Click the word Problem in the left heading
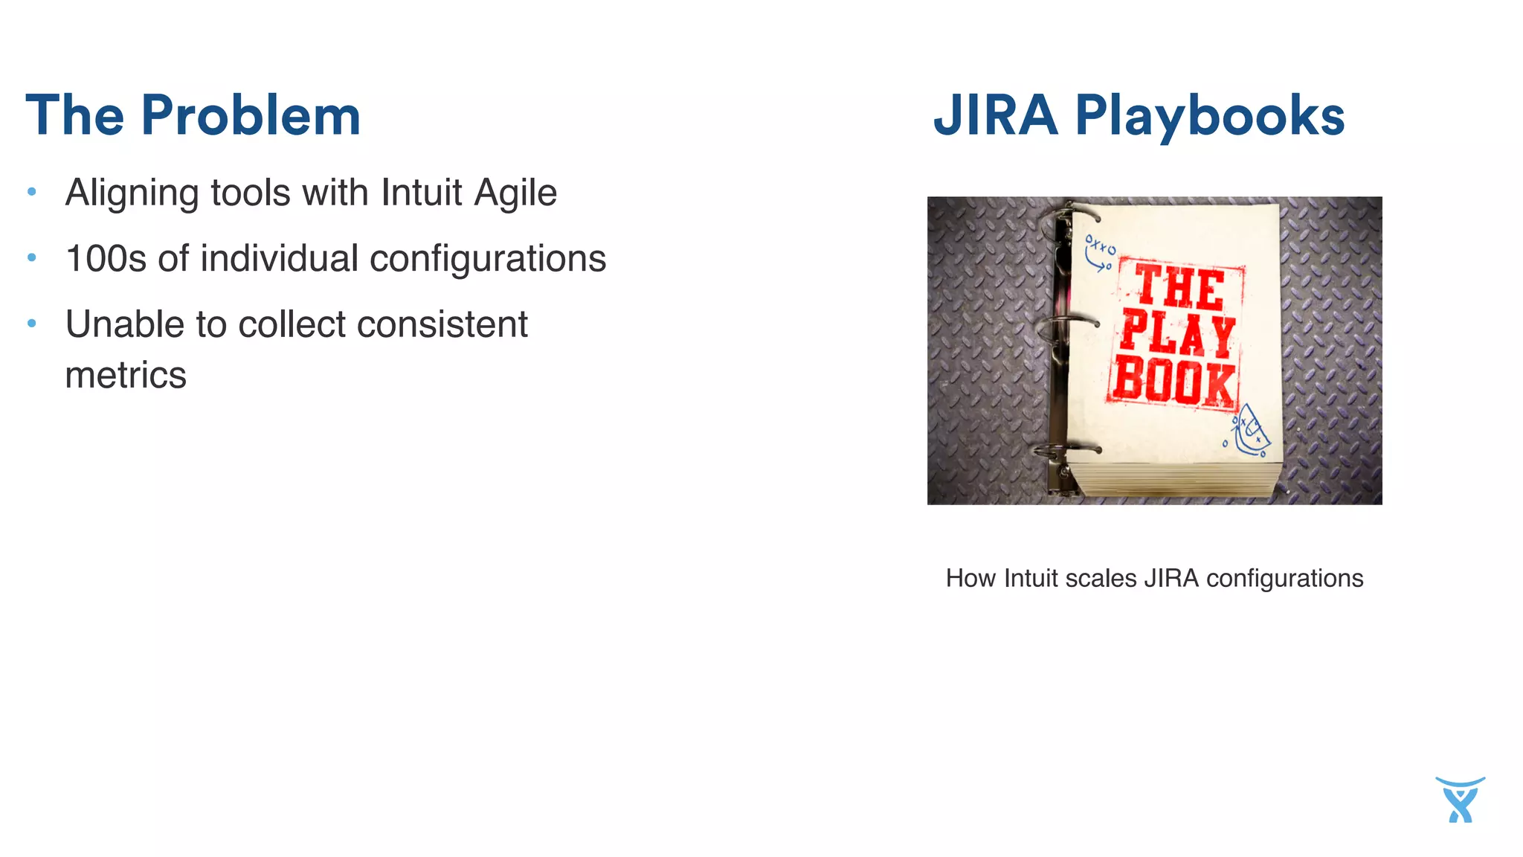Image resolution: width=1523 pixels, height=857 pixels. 251,117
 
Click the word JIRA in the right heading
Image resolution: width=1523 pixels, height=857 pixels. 996,116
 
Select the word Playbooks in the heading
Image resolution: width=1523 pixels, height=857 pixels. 1210,118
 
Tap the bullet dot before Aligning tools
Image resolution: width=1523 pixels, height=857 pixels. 32,192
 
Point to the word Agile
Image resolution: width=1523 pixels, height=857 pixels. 515,193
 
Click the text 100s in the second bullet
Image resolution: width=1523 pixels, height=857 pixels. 106,259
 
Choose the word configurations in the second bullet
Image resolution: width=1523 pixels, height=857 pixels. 488,259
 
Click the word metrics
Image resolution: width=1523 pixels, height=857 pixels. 126,375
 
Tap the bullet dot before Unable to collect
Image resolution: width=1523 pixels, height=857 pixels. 32,324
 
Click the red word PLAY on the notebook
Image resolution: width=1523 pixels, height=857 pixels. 1177,336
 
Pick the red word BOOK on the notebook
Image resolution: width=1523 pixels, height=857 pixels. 1174,383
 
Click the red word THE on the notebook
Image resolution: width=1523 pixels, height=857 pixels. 1179,288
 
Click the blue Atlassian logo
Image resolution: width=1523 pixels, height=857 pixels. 1460,800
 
